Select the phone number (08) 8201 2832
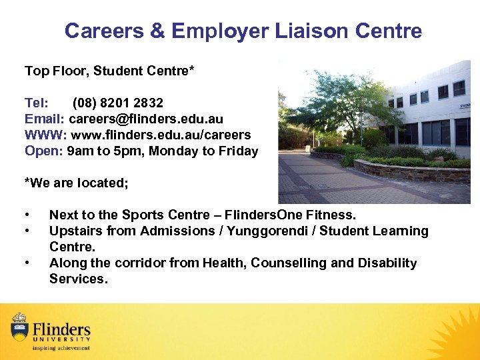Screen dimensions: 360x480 click(x=118, y=103)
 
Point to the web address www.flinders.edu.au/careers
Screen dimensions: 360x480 click(x=159, y=135)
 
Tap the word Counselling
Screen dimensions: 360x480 click(x=289, y=263)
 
